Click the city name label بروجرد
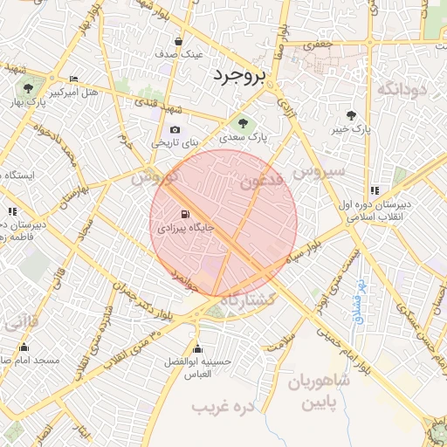(238, 76)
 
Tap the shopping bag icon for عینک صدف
(179, 41)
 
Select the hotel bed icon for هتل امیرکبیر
(72, 78)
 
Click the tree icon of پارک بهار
(28, 88)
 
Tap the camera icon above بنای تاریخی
(175, 129)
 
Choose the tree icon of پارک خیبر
(351, 114)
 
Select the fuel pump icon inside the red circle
(183, 214)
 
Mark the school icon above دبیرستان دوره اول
(375, 190)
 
